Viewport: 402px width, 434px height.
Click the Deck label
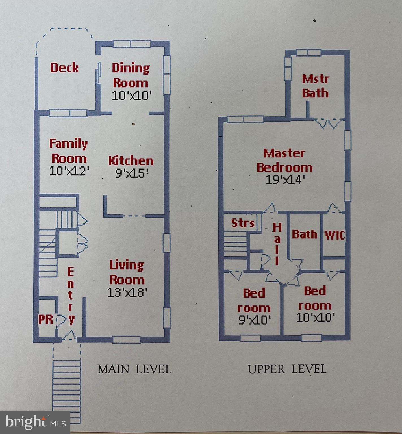(64, 68)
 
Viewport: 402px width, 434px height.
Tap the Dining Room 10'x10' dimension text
(132, 96)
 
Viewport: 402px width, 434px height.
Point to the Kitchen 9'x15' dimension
(132, 173)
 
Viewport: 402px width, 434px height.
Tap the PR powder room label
(46, 320)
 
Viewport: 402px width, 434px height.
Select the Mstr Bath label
(315, 86)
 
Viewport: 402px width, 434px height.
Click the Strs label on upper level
(243, 223)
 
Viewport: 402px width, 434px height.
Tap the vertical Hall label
(277, 244)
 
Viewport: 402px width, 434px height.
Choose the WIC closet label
(335, 235)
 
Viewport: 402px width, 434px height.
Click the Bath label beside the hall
(304, 234)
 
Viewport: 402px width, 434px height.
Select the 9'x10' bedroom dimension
(255, 320)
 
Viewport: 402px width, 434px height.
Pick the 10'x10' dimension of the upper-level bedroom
(316, 317)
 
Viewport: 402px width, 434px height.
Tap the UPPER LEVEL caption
(287, 369)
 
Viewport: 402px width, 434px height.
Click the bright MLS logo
(35, 422)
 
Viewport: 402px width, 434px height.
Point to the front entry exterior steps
(67, 387)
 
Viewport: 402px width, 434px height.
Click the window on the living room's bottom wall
(127, 339)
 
